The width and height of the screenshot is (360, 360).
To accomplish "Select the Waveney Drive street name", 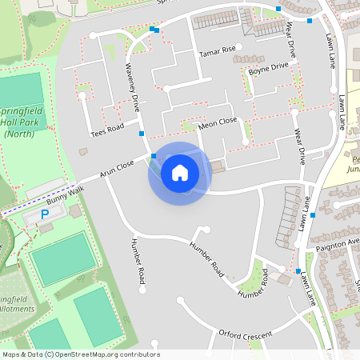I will point(133,86).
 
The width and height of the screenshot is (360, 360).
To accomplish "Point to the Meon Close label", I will point(218,122).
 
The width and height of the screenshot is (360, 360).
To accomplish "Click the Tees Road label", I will point(107,128).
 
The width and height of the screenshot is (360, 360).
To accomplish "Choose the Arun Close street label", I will point(117,169).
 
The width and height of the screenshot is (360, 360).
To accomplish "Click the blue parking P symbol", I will point(45,215).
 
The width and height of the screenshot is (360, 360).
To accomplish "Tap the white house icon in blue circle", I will point(180,173).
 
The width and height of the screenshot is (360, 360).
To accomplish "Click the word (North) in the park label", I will point(24,134).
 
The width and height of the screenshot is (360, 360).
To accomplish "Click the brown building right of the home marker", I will point(218,166).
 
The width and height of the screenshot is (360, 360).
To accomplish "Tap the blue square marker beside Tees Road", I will point(142,134).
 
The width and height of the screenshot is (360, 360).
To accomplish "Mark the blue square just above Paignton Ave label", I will point(313,214).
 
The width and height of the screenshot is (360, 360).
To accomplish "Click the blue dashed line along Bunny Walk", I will point(32,201).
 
